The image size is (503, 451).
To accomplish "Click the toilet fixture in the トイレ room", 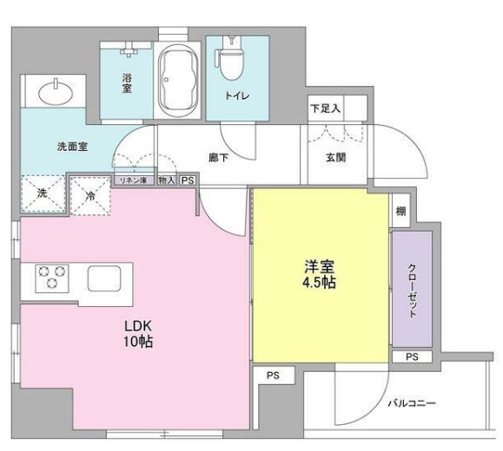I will (x=232, y=62).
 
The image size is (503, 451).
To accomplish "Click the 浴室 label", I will (x=127, y=83).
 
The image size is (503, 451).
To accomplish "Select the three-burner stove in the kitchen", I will (x=51, y=279).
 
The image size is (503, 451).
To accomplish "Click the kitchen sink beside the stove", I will (x=109, y=279).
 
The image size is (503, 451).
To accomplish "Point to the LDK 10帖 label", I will (x=138, y=334).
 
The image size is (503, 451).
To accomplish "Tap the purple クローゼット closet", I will (x=411, y=289).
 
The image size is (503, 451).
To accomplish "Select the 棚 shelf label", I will (x=400, y=211).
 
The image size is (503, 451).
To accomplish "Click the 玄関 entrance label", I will (x=336, y=158).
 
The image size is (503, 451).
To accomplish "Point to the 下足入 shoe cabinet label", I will (x=325, y=108).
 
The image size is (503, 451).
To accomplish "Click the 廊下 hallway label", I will (x=219, y=158).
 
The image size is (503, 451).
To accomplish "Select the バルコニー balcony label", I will (x=411, y=404).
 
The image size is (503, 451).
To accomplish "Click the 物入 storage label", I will (x=168, y=180).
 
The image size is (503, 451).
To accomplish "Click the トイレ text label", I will (x=238, y=96).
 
